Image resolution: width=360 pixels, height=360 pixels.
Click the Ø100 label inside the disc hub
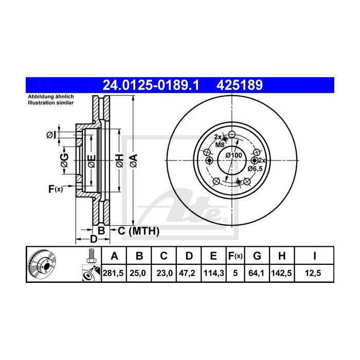click(235, 156)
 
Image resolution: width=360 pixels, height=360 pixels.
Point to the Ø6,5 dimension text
click(256, 168)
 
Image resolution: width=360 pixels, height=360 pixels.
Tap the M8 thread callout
click(220, 145)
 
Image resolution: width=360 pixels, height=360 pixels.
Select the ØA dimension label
click(134, 159)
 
